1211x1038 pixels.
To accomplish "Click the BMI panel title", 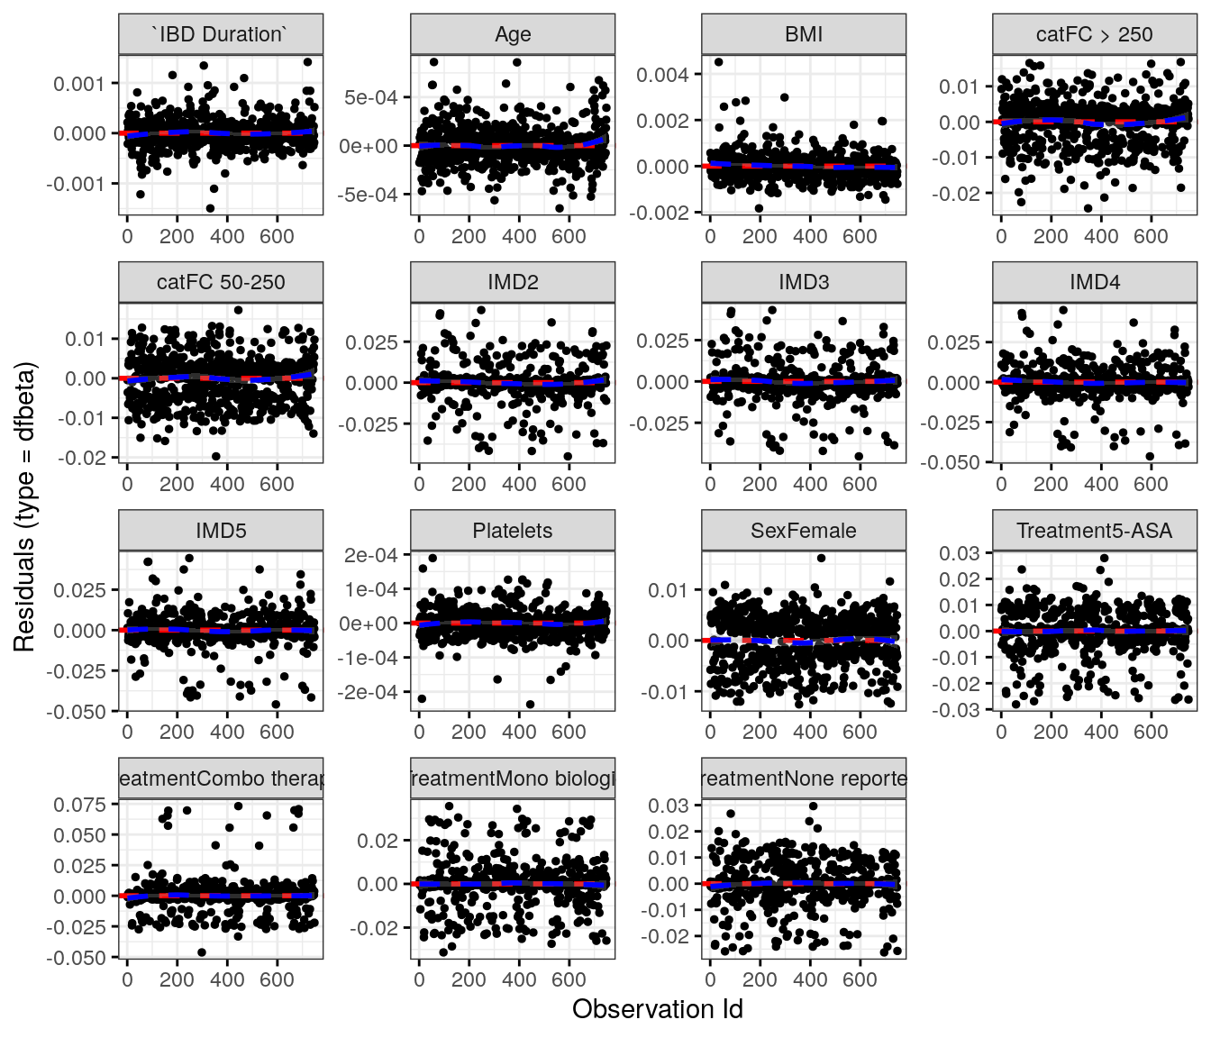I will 804,34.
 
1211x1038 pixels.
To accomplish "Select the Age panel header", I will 513,34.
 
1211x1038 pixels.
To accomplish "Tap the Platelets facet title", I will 513,531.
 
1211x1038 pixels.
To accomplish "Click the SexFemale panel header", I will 804,531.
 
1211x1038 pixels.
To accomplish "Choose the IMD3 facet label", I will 804,282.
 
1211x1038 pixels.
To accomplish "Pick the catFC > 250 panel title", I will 1095,34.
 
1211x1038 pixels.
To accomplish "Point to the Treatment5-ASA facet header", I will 1095,531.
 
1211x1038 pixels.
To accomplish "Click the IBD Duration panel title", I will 221,34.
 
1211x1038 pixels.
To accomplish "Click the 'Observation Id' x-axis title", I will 658,1009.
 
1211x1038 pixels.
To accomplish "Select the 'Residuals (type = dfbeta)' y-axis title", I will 24,506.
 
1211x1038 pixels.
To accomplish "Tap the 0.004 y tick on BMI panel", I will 662,75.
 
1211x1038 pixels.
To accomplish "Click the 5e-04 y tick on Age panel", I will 370,97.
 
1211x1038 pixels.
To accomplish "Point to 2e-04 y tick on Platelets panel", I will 370,555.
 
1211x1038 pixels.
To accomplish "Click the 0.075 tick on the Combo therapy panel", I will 79,805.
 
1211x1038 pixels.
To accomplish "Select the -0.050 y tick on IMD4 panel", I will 953,462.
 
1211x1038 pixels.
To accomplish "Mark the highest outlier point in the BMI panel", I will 718,62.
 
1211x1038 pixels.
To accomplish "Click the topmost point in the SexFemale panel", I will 821,559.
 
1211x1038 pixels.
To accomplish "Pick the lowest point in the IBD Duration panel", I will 210,208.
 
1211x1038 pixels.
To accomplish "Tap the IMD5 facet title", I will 221,531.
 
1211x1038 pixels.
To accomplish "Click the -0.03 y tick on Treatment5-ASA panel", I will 960,710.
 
